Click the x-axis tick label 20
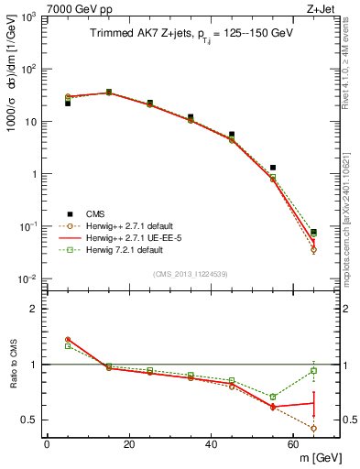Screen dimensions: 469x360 129,444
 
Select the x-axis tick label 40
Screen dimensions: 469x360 212,444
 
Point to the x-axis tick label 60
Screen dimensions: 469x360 294,444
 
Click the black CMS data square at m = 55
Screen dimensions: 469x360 273,168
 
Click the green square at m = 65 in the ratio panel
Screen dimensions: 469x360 314,370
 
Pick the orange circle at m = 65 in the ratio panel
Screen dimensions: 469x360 314,428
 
